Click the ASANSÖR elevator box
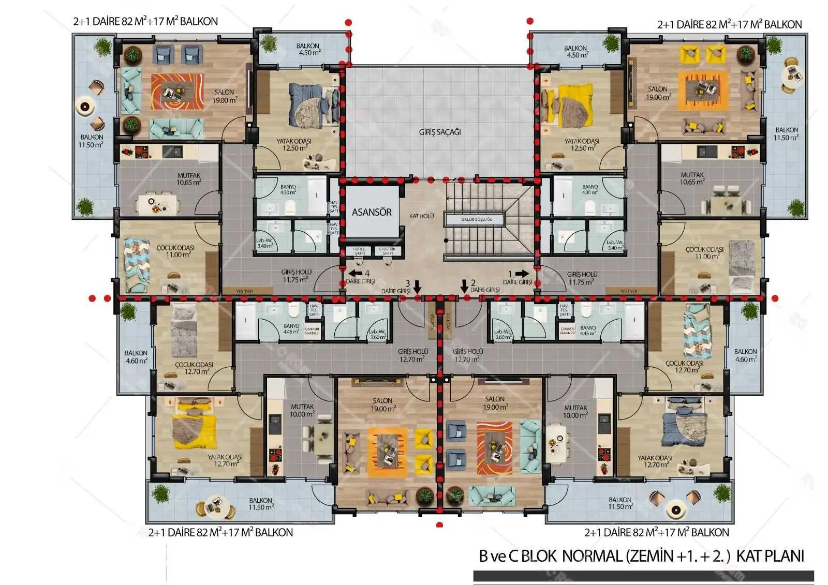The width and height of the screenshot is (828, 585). click(x=372, y=212)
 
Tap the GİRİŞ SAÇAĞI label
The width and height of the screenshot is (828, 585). click(x=439, y=132)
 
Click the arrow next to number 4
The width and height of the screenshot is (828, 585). click(x=355, y=273)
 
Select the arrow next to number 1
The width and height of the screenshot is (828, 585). click(x=522, y=274)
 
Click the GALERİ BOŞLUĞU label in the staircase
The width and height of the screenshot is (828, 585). click(x=477, y=219)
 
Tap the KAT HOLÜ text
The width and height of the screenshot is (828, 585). click(x=421, y=216)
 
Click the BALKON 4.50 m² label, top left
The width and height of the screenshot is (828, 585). click(x=308, y=49)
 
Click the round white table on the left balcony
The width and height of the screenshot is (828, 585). click(x=85, y=107)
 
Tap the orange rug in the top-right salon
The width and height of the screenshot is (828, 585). click(x=706, y=90)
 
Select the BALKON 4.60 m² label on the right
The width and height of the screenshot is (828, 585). click(x=745, y=355)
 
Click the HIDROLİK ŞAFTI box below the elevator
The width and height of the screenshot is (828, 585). click(x=359, y=251)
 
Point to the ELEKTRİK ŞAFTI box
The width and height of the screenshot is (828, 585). click(x=387, y=251)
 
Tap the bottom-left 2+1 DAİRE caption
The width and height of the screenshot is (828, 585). click(x=220, y=532)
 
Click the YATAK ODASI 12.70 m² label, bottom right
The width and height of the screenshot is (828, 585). click(x=655, y=461)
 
